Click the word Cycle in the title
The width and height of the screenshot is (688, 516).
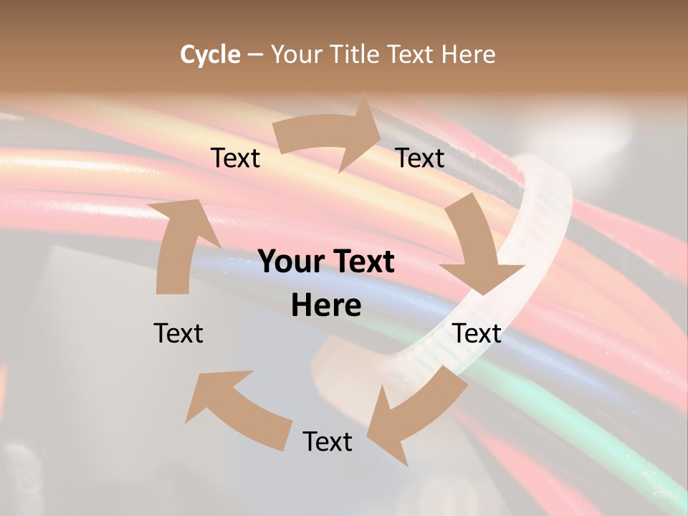[x=210, y=54]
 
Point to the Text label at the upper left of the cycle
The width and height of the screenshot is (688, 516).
[x=235, y=158]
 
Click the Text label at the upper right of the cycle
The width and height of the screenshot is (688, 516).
[x=420, y=158]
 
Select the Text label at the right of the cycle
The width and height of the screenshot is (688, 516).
[x=477, y=333]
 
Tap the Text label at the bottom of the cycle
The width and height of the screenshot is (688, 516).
[x=328, y=441]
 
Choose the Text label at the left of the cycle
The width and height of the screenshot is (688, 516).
[x=178, y=333]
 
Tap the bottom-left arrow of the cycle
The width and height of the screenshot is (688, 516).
[x=236, y=408]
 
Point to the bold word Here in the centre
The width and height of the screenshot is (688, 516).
[x=326, y=306]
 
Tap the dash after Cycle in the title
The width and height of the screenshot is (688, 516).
[x=255, y=54]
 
